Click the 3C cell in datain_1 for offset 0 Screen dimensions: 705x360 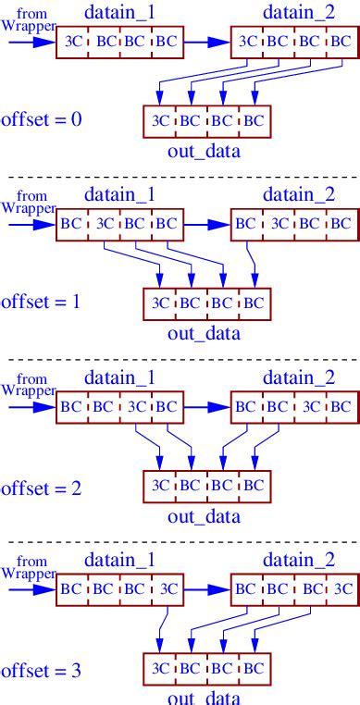point(73,43)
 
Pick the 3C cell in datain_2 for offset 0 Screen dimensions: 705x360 point(249,43)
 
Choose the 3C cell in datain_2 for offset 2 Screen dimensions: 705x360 point(311,406)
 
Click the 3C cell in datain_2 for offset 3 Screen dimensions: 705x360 point(341,588)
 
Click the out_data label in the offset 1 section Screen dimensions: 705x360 point(204,333)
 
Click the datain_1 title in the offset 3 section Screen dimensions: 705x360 point(118,560)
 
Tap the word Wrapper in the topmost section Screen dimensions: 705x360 point(29,27)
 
